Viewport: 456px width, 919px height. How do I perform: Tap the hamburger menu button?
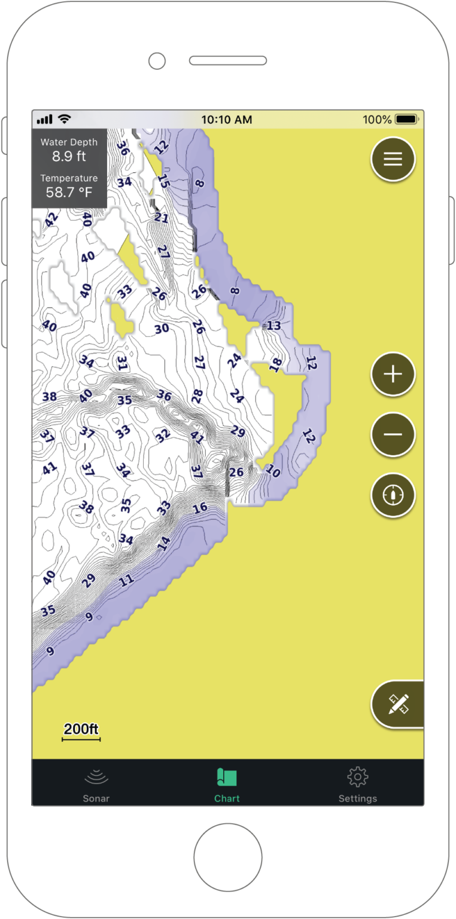(393, 159)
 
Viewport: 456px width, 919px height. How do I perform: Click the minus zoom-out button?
(393, 434)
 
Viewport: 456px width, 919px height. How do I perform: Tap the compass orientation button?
(393, 495)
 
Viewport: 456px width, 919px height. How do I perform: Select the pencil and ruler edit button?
(398, 704)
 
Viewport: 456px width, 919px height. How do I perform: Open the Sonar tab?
(96, 784)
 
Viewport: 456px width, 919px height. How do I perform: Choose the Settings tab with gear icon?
(357, 784)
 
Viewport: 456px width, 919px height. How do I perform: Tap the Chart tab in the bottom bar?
(227, 784)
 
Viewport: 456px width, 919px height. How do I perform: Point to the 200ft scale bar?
(81, 732)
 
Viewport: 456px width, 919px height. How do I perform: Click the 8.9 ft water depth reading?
(69, 157)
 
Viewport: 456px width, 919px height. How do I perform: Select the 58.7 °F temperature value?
(69, 193)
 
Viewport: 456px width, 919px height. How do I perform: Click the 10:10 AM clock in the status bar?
(227, 120)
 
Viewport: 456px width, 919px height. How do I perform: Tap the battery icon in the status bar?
(406, 120)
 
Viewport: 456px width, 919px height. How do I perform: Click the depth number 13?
(273, 326)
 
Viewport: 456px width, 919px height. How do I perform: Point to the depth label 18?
(275, 364)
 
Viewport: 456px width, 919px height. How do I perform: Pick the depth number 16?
(200, 508)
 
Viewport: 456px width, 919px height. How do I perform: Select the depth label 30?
(162, 329)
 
